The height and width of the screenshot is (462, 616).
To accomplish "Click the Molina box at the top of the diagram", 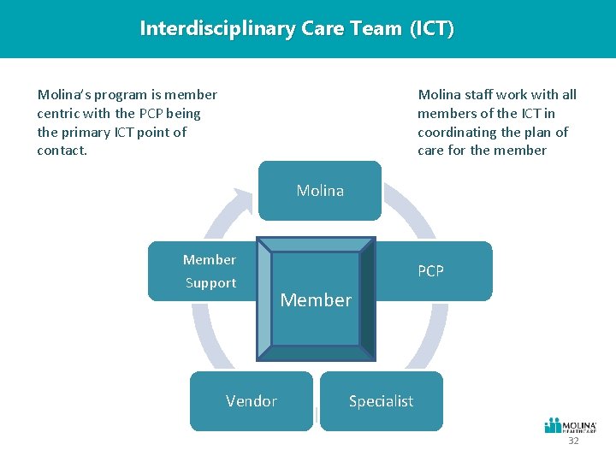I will (320, 191).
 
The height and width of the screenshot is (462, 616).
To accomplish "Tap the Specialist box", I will (381, 400).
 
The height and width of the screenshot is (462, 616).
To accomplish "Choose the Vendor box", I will (251, 400).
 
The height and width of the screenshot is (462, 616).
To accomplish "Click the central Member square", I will (317, 299).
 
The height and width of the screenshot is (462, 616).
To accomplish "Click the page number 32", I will (573, 441).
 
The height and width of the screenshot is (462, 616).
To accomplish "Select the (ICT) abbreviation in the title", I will (431, 28).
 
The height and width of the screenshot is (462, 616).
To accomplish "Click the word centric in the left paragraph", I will (59, 113).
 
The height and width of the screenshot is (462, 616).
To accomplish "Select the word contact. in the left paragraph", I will (62, 151).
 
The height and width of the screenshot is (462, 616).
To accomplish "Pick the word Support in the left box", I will (210, 283).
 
